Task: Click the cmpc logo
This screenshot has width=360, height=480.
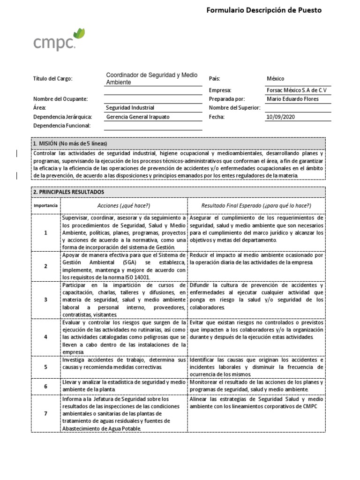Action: tap(59, 40)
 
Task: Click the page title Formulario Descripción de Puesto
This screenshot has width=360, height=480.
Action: tap(264, 10)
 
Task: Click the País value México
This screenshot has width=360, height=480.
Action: tap(275, 79)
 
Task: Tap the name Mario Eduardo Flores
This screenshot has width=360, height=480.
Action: tap(292, 99)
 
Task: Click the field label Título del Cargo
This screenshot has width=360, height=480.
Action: tap(53, 79)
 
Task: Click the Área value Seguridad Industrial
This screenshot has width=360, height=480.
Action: tap(130, 108)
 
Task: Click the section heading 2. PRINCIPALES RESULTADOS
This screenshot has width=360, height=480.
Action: tap(68, 192)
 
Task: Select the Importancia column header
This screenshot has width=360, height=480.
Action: tap(45, 206)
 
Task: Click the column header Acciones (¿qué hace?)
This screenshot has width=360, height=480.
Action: tap(124, 206)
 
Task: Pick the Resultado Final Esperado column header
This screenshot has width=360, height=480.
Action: tap(256, 206)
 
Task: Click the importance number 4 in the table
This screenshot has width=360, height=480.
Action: tap(45, 337)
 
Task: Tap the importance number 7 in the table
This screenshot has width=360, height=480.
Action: tap(45, 413)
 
